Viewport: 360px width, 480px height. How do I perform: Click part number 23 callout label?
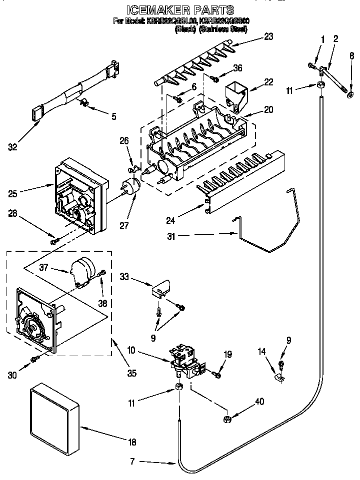tap(269, 36)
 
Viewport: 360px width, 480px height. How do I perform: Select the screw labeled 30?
tap(34, 359)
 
